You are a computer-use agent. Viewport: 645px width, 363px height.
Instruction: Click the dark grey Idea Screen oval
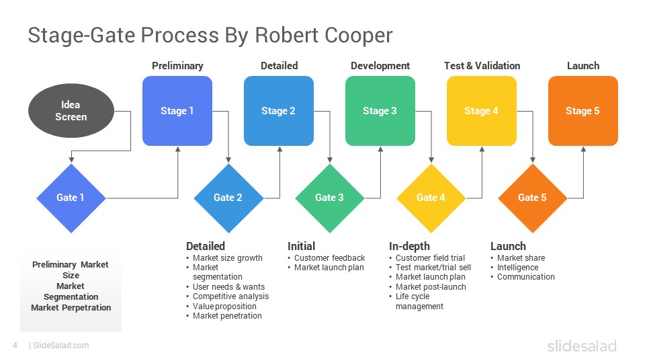pyautogui.click(x=71, y=111)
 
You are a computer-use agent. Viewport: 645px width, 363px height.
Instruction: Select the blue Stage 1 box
pyautogui.click(x=177, y=111)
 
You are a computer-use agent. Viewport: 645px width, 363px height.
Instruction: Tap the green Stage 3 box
pyautogui.click(x=380, y=111)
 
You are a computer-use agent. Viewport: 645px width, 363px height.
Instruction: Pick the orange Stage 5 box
pyautogui.click(x=583, y=111)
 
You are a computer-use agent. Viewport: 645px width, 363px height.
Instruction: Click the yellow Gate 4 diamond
pyautogui.click(x=431, y=198)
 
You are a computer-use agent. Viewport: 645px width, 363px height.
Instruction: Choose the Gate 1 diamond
pyautogui.click(x=71, y=198)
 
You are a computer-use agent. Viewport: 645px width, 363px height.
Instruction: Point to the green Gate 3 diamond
pyautogui.click(x=329, y=198)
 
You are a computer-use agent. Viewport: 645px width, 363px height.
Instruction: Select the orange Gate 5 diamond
pyautogui.click(x=532, y=198)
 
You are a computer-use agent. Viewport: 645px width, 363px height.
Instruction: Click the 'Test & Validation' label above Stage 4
pyautogui.click(x=482, y=66)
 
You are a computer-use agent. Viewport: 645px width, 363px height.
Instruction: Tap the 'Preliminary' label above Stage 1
pyautogui.click(x=177, y=66)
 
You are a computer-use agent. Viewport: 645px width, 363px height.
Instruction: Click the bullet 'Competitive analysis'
pyautogui.click(x=230, y=296)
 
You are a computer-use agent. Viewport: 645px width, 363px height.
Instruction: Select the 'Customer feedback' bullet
pyautogui.click(x=329, y=258)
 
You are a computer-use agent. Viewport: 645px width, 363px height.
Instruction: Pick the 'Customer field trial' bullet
pyautogui.click(x=430, y=258)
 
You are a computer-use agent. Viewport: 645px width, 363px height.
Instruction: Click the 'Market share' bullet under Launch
pyautogui.click(x=521, y=258)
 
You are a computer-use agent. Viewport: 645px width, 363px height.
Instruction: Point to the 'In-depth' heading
pyautogui.click(x=409, y=246)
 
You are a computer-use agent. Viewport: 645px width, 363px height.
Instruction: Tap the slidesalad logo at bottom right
pyautogui.click(x=581, y=346)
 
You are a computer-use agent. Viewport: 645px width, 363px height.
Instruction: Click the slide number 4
pyautogui.click(x=15, y=346)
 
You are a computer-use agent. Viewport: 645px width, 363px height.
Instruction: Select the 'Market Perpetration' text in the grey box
pyautogui.click(x=71, y=308)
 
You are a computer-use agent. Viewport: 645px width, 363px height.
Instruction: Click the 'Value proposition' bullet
pyautogui.click(x=224, y=307)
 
